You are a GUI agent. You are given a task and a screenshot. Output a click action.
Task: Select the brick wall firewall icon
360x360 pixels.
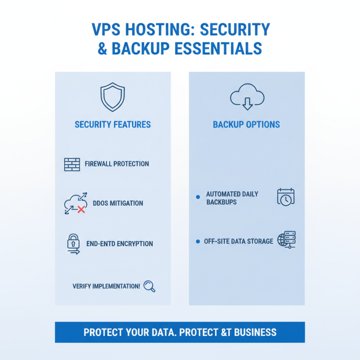pyautogui.click(x=72, y=164)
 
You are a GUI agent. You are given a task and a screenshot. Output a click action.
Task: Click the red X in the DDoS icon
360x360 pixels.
pyautogui.click(x=81, y=209)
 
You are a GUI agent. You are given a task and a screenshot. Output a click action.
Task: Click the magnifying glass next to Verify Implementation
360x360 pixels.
pyautogui.click(x=149, y=287)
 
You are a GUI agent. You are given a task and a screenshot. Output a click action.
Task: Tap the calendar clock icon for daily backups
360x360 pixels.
pyautogui.click(x=285, y=198)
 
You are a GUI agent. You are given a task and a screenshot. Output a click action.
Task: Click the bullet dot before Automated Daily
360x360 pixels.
pyautogui.click(x=198, y=197)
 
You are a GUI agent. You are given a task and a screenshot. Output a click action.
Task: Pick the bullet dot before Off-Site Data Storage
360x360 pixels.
pyautogui.click(x=198, y=242)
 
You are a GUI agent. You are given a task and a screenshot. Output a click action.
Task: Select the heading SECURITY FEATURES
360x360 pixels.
pyautogui.click(x=112, y=124)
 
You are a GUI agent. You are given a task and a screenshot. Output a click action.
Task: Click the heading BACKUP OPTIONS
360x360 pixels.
pyautogui.click(x=246, y=124)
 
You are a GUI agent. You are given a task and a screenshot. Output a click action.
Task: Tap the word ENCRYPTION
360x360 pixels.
pyautogui.click(x=133, y=244)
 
